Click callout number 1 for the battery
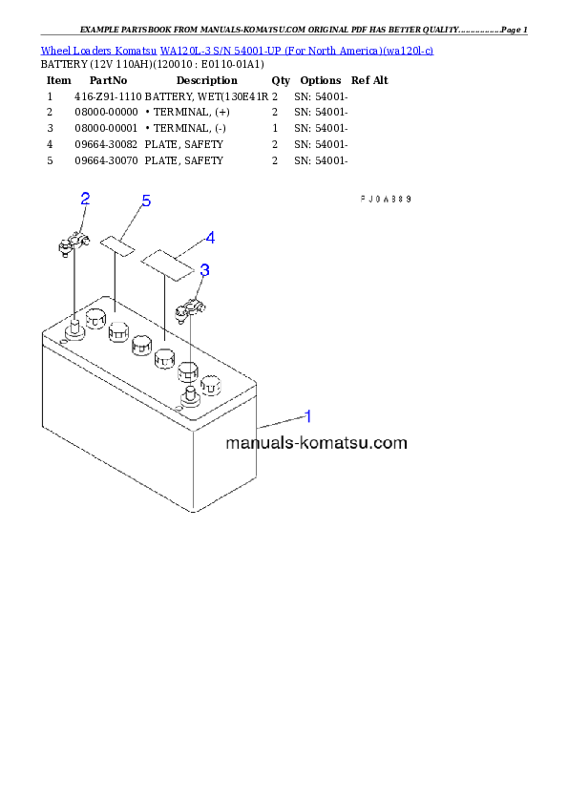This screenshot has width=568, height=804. pos(308,416)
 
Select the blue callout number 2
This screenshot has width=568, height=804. pos(85,199)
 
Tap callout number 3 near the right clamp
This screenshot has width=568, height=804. pos(204,270)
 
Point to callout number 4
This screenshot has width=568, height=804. pos(210,237)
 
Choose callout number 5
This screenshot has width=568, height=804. pos(146,201)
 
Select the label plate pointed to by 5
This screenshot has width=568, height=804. pos(120,246)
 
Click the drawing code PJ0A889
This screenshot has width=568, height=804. pos(385,200)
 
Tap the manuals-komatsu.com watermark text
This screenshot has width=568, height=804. pos(316,443)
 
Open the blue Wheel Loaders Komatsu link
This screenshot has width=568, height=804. pos(237,50)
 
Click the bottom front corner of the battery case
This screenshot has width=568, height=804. pos(195,512)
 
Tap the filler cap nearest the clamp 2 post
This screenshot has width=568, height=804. pos(95,317)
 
